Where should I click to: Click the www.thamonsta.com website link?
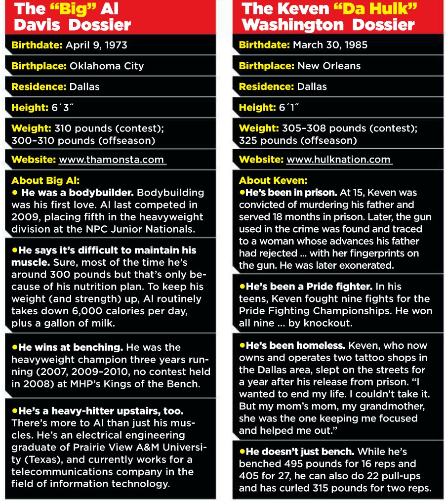(x=111, y=160)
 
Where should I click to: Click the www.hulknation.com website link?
(x=339, y=160)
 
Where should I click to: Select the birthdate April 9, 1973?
(x=96, y=45)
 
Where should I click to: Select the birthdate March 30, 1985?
(x=330, y=45)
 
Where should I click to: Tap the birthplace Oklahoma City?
(x=107, y=66)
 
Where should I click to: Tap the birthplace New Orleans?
(x=329, y=66)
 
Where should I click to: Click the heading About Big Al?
(x=45, y=180)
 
